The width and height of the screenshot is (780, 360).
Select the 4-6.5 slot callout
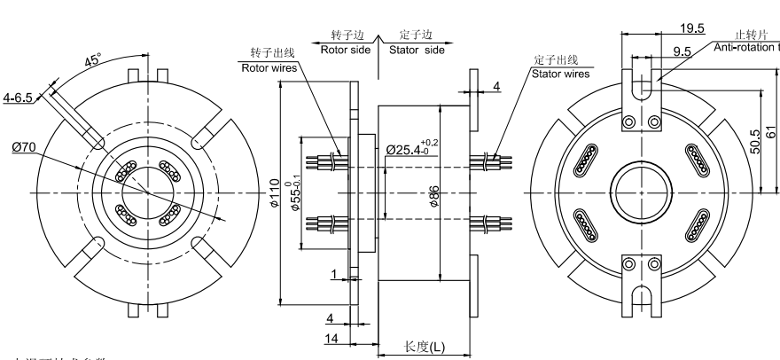[18, 97]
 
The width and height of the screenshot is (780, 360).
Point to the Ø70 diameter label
[24, 147]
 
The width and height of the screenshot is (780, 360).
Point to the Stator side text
[417, 50]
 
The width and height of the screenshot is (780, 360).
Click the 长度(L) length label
[425, 346]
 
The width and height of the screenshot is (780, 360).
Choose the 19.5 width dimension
[668, 27]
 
